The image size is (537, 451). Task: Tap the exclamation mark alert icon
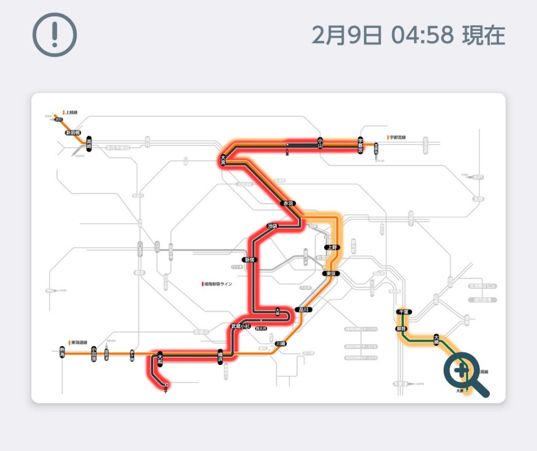click(55, 34)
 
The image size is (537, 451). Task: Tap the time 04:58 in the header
click(422, 35)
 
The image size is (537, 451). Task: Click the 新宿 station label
click(250, 260)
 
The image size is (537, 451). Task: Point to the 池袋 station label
click(272, 226)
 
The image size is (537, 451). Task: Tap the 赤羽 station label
click(288, 203)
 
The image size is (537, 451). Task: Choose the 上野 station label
click(331, 247)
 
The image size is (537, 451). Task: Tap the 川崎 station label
click(281, 343)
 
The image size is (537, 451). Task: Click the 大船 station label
click(160, 359)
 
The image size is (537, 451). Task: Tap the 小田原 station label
click(93, 353)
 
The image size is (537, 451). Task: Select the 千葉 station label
click(403, 312)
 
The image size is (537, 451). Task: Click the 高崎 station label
click(89, 143)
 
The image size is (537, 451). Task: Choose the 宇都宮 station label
click(361, 145)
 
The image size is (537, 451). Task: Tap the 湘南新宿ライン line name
click(218, 284)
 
